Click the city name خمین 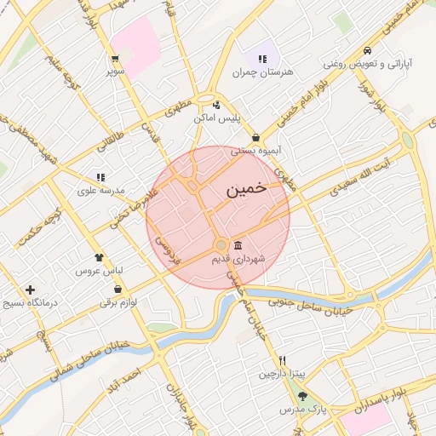tap(247, 189)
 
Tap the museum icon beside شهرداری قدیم tap(237, 245)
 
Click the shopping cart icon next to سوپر tap(115, 59)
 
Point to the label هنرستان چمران tap(262, 72)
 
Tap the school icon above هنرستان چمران tap(262, 59)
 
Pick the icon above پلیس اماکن tap(216, 106)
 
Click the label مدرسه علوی tap(101, 191)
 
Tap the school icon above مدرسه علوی tap(100, 177)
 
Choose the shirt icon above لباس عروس tap(100, 256)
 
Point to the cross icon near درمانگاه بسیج tap(31, 290)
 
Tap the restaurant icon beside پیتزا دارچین tap(283, 360)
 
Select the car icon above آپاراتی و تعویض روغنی tap(366, 50)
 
